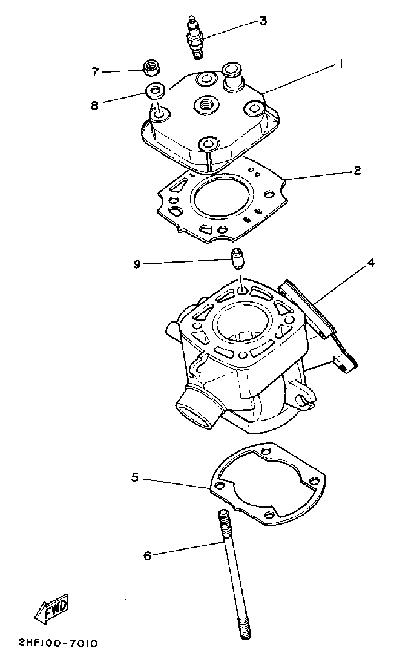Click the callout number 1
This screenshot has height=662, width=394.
click(x=341, y=63)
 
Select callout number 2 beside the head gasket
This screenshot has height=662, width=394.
click(x=357, y=171)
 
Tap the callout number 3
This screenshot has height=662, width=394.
click(x=263, y=22)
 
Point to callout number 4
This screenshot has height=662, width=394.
click(x=370, y=263)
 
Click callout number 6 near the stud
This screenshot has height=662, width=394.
click(x=146, y=555)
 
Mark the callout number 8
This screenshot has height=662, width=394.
click(x=94, y=105)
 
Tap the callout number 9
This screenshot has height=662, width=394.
click(x=137, y=264)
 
